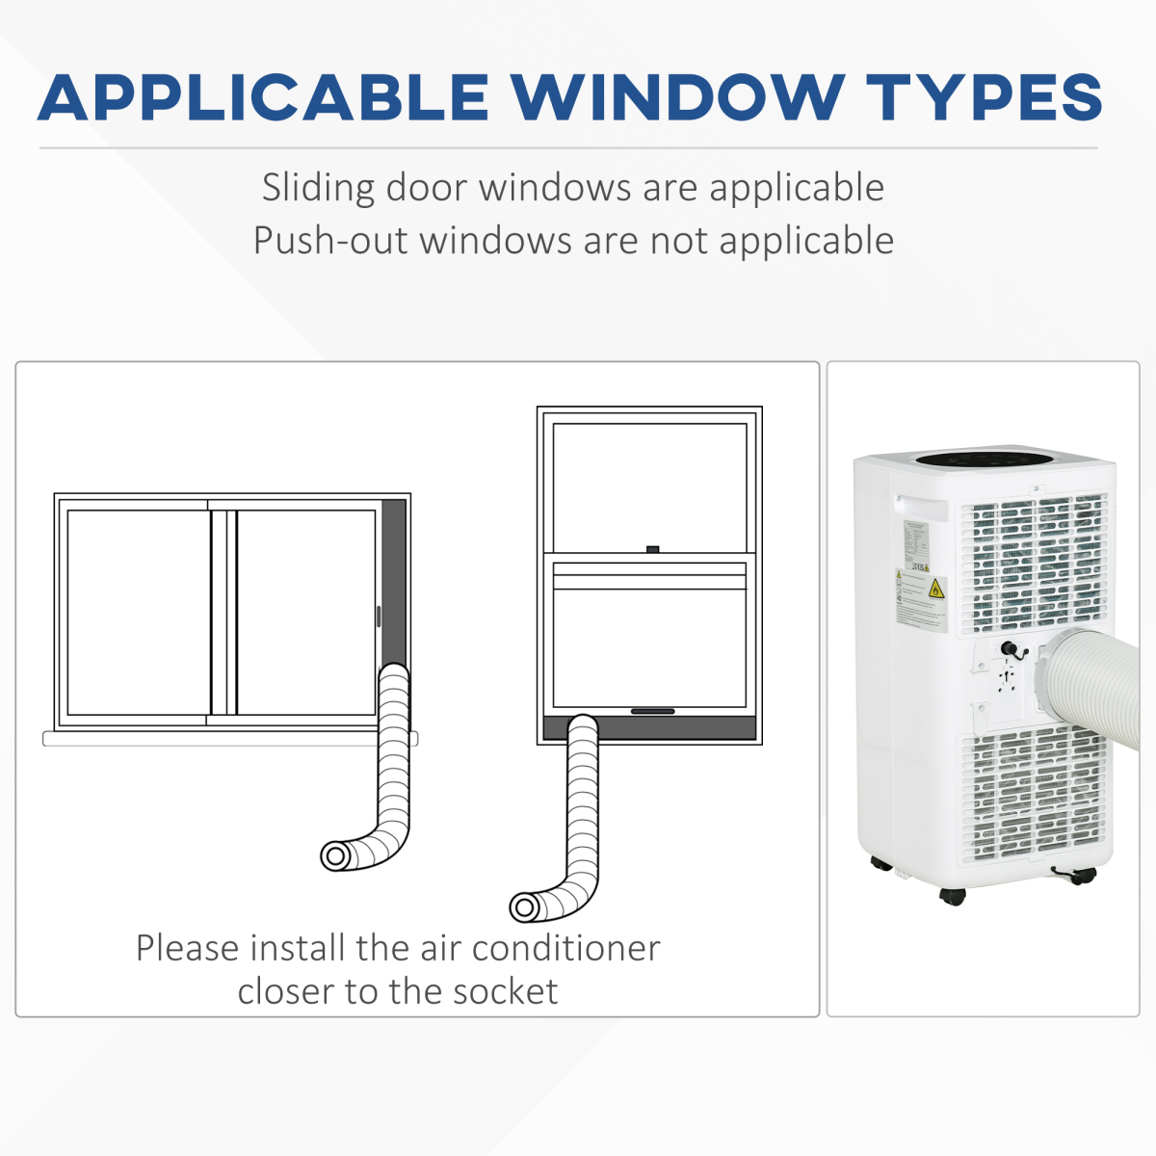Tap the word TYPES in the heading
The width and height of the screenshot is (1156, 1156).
coord(984,97)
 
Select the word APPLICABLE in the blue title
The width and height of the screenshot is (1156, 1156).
coord(263,97)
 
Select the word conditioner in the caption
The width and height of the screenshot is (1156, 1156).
coord(565,948)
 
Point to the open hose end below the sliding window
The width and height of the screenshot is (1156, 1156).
coord(335,854)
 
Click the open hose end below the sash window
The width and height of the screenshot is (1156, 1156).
coord(524,906)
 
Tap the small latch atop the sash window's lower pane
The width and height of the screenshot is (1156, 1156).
coord(653,549)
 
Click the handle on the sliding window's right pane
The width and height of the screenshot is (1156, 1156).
coord(379,617)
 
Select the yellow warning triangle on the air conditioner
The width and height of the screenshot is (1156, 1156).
coord(935,590)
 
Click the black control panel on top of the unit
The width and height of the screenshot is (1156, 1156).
coord(981,460)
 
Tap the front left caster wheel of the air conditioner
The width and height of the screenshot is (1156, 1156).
coord(952,897)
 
